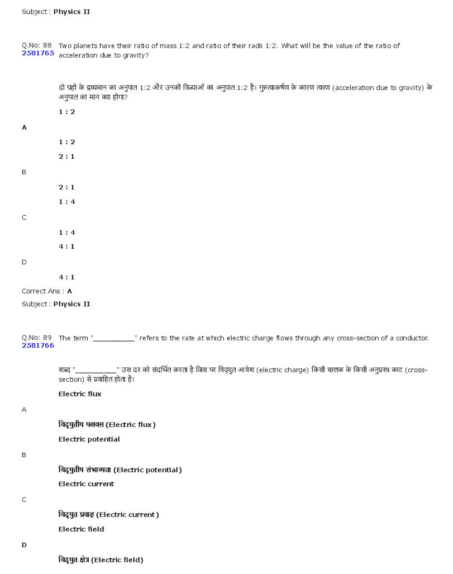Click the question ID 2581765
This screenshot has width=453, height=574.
click(38, 54)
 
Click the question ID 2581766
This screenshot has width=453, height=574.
click(38, 346)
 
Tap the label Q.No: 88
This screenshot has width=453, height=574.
click(37, 45)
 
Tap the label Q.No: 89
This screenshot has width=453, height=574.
click(37, 338)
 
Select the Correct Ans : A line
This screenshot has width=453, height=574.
click(47, 291)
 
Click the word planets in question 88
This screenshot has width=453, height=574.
click(88, 46)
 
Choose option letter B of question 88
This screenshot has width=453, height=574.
click(24, 172)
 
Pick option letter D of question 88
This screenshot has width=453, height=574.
click(24, 262)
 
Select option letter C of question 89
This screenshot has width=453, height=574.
click(24, 500)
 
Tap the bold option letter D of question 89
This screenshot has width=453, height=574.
click(24, 545)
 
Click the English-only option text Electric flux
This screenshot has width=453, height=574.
click(80, 394)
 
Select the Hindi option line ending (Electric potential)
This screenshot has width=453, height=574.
click(120, 470)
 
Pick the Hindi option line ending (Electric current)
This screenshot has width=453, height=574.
click(108, 515)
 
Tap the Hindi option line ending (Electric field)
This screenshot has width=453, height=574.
click(101, 560)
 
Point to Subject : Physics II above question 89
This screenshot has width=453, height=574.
click(56, 304)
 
